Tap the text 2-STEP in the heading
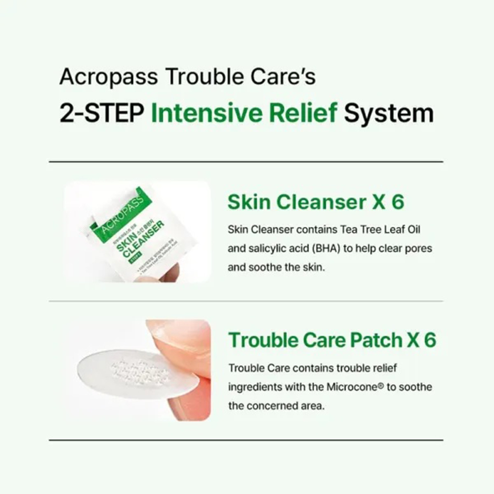(101, 114)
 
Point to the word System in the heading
(389, 114)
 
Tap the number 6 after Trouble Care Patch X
(429, 340)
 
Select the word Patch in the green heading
(376, 340)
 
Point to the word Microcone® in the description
(355, 387)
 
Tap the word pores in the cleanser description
(418, 248)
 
